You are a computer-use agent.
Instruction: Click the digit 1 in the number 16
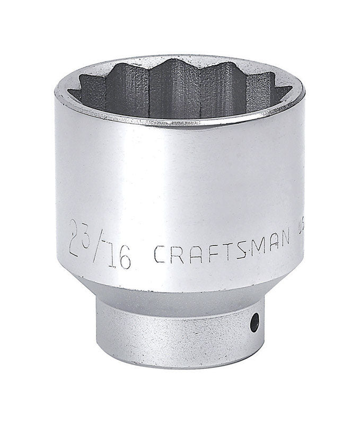(x=111, y=256)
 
